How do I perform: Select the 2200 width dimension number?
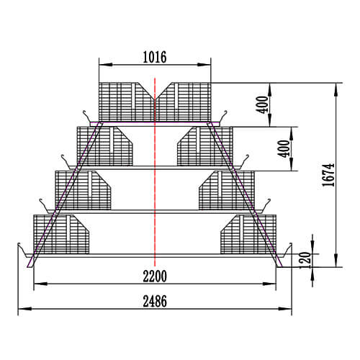coord(155,274)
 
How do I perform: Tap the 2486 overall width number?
coord(155,302)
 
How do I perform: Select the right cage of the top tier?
coord(186,101)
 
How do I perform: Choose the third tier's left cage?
coord(79,189)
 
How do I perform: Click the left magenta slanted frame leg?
coord(65,194)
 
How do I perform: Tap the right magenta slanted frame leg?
coord(245,194)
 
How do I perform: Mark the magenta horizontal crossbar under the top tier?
coord(155,124)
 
